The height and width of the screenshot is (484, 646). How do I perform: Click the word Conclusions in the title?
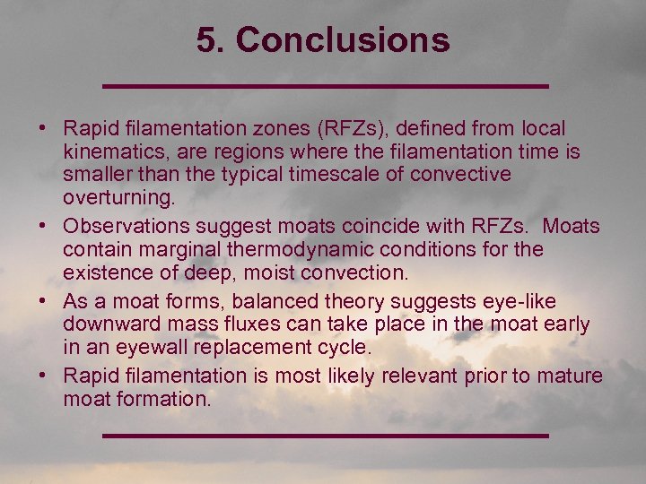(343, 39)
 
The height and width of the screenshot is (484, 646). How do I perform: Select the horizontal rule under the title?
(325, 86)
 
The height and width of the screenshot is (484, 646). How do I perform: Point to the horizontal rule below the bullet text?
(325, 436)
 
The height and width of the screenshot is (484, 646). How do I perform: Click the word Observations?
(127, 226)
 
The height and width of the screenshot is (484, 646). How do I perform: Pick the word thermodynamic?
(278, 248)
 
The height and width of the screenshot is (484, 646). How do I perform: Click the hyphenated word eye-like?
(527, 301)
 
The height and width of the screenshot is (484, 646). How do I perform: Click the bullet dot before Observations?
(43, 226)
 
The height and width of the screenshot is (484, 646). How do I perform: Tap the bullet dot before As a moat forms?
(43, 301)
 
